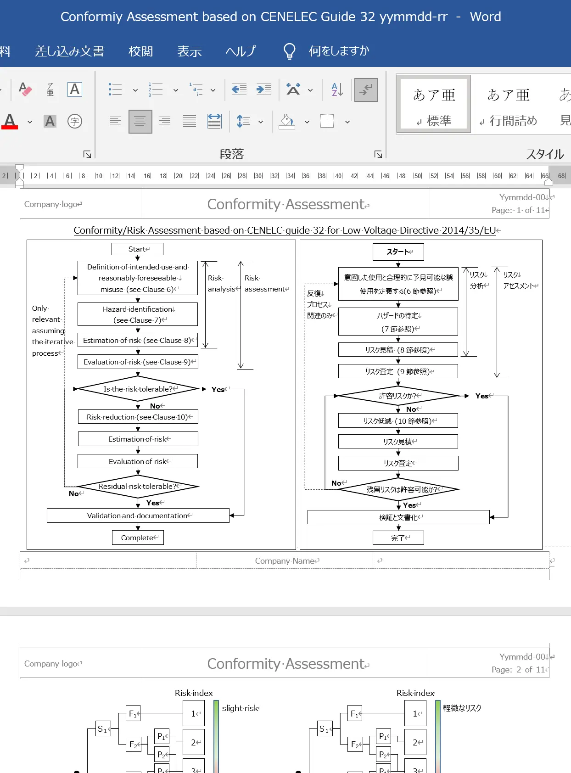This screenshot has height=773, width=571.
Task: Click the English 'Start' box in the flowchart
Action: [x=137, y=249]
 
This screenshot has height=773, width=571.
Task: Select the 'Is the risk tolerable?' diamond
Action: [x=138, y=389]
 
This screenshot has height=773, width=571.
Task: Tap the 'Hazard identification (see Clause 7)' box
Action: [x=138, y=314]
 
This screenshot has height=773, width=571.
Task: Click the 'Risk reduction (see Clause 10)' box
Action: [x=138, y=417]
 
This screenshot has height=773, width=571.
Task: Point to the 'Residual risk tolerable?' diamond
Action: [x=138, y=487]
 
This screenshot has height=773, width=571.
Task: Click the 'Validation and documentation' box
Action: [x=138, y=516]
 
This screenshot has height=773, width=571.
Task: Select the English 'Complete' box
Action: [x=138, y=538]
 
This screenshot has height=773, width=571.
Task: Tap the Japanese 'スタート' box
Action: [x=398, y=252]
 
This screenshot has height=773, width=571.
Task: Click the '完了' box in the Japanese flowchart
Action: [x=398, y=538]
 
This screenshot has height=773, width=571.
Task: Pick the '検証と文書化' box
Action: [x=398, y=517]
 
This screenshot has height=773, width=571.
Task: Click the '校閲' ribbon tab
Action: [x=140, y=51]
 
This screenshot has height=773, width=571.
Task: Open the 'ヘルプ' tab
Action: [x=240, y=51]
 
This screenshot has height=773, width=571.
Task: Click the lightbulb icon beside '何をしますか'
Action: [x=289, y=51]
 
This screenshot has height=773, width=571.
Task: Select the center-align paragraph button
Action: [x=140, y=122]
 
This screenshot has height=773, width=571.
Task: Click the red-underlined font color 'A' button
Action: [x=10, y=122]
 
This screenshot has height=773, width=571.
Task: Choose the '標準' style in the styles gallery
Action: [x=434, y=105]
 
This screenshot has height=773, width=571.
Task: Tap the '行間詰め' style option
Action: [x=508, y=105]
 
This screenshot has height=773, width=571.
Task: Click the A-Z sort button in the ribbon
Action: [x=337, y=90]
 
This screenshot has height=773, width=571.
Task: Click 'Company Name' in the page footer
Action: [x=285, y=561]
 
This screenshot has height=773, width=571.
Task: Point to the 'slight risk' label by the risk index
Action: [x=240, y=708]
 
